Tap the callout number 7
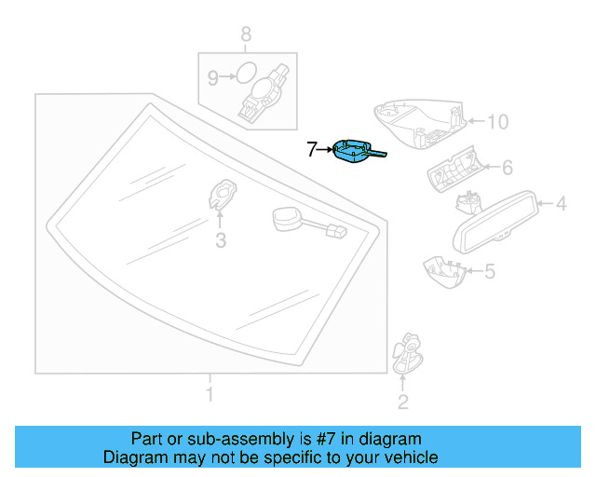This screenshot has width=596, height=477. pos(312,148)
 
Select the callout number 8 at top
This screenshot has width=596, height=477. pos(246,35)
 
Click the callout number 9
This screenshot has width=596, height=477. pos(212,78)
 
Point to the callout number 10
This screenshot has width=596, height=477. pos(498,121)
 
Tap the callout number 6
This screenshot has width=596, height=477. pos(508,168)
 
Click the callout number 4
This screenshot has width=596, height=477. pos(562,202)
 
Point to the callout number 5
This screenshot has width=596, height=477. pos(490,272)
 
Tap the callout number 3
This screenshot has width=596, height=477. pos(221,242)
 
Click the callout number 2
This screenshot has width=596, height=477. pos(402,402)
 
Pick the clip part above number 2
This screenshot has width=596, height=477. pos(406,350)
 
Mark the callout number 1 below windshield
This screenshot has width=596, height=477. pos(210,395)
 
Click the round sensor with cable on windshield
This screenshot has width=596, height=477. pos(289,219)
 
